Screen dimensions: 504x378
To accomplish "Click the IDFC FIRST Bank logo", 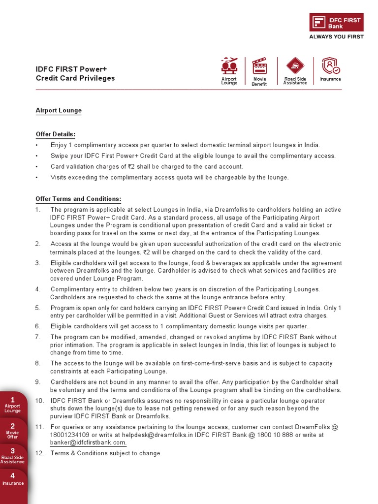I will pyautogui.click(x=336, y=23).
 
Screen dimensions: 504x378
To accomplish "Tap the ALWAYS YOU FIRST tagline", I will pyautogui.click(x=336, y=37).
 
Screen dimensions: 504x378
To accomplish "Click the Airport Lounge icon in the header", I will pyautogui.click(x=229, y=66).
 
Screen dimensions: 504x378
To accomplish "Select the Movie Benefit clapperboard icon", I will pyautogui.click(x=259, y=66).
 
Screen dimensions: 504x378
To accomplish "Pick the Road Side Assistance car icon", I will pyautogui.click(x=295, y=66).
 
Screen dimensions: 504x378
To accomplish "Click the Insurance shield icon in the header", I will pyautogui.click(x=330, y=66).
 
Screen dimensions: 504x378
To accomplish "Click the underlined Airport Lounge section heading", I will pyautogui.click(x=59, y=111).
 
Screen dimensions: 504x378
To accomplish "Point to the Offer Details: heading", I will pyautogui.click(x=56, y=134).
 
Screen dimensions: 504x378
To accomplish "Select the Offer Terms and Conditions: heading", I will pyautogui.click(x=78, y=199).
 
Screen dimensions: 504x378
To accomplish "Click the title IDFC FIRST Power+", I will pyautogui.click(x=71, y=69).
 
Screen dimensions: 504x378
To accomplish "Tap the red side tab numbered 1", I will pyautogui.click(x=12, y=404).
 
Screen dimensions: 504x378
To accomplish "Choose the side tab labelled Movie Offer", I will pyautogui.click(x=12, y=431).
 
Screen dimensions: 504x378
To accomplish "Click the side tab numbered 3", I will pyautogui.click(x=12, y=456).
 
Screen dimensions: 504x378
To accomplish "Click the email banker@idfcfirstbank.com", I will pyautogui.click(x=88, y=442).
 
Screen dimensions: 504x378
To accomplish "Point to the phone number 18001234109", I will pyautogui.click(x=70, y=435).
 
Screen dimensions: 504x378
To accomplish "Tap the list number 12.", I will pyautogui.click(x=39, y=453).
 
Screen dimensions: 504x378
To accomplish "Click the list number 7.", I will pyautogui.click(x=38, y=337).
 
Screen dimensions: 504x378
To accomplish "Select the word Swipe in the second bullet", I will pyautogui.click(x=59, y=156).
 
